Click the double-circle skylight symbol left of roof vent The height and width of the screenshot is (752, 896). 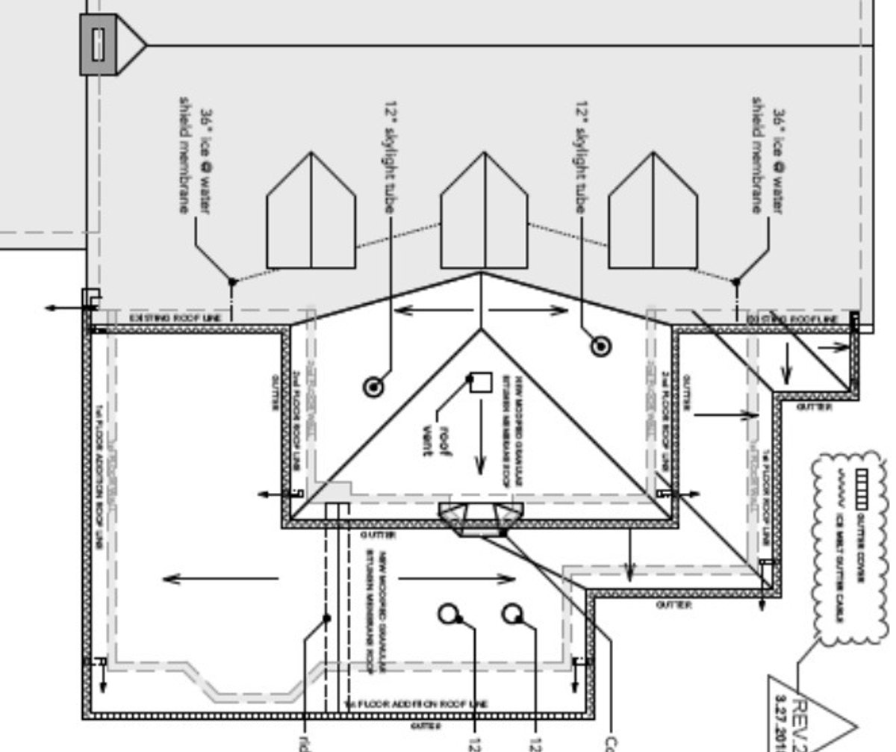click(373, 387)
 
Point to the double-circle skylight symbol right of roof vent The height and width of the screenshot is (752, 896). click(600, 346)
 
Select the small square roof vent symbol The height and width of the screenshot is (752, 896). click(482, 382)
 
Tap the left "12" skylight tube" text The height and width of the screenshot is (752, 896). click(391, 158)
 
